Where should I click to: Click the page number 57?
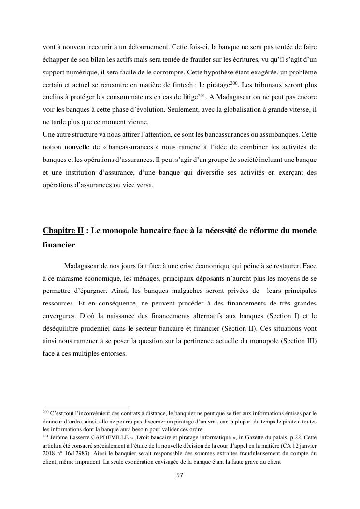coord(179,475)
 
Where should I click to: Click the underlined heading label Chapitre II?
coord(63,231)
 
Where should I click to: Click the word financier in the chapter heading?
coord(59,245)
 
